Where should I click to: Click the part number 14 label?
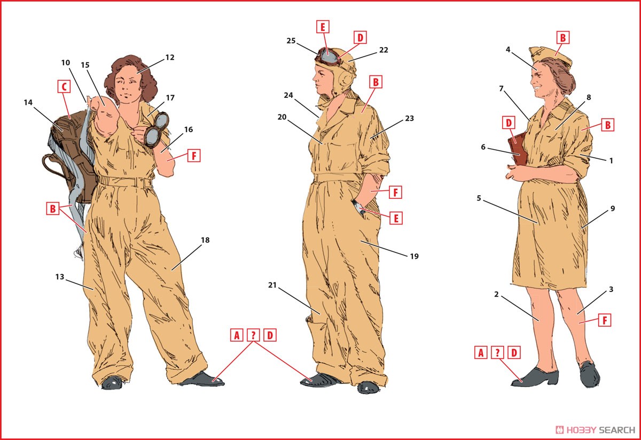[28, 102]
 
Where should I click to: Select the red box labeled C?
[64, 87]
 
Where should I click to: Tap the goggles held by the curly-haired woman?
[156, 129]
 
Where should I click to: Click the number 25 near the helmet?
[291, 41]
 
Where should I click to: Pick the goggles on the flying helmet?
[328, 55]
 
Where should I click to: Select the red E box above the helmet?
[323, 27]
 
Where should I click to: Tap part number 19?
[415, 257]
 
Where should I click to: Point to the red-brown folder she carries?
[518, 149]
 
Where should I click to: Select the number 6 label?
[483, 147]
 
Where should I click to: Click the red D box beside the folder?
[509, 123]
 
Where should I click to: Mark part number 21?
[272, 285]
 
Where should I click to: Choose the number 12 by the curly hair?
[170, 58]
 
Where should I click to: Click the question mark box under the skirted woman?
[497, 352]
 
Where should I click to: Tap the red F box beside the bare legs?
[605, 320]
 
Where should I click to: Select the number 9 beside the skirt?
[613, 209]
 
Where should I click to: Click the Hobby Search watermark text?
[595, 430]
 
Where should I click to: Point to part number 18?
[205, 240]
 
